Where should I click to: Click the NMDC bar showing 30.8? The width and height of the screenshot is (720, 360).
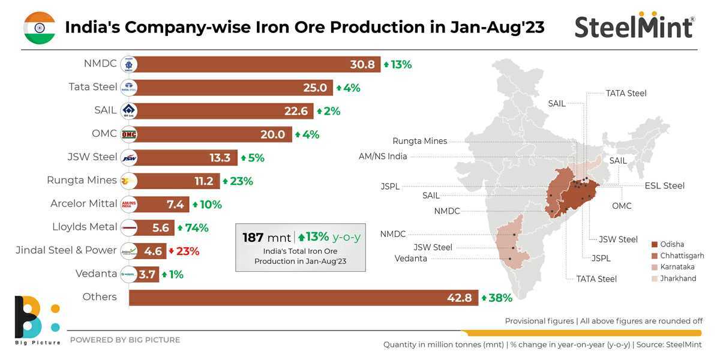click(x=252, y=64)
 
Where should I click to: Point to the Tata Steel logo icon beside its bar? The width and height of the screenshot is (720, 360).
click(x=129, y=88)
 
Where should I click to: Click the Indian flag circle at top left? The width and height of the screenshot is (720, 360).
click(x=40, y=28)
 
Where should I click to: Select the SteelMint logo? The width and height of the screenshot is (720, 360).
click(x=634, y=27)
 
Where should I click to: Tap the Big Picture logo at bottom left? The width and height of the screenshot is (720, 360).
click(x=37, y=321)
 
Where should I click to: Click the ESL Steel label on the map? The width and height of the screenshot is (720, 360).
click(x=664, y=185)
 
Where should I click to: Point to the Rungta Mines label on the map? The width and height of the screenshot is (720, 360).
click(x=419, y=141)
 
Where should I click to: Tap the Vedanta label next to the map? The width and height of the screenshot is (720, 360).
click(x=411, y=259)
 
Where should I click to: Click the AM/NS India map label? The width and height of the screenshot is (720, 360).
click(x=383, y=157)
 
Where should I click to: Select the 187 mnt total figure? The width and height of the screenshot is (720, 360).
click(x=267, y=238)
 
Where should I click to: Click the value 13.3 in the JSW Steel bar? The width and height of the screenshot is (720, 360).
click(x=220, y=158)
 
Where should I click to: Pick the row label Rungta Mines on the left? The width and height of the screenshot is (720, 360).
click(x=82, y=180)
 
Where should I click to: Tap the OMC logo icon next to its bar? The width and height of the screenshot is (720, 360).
click(x=129, y=134)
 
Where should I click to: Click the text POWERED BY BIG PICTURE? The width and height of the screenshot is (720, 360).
click(x=125, y=340)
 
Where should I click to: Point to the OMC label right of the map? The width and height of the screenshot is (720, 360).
click(x=622, y=206)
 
